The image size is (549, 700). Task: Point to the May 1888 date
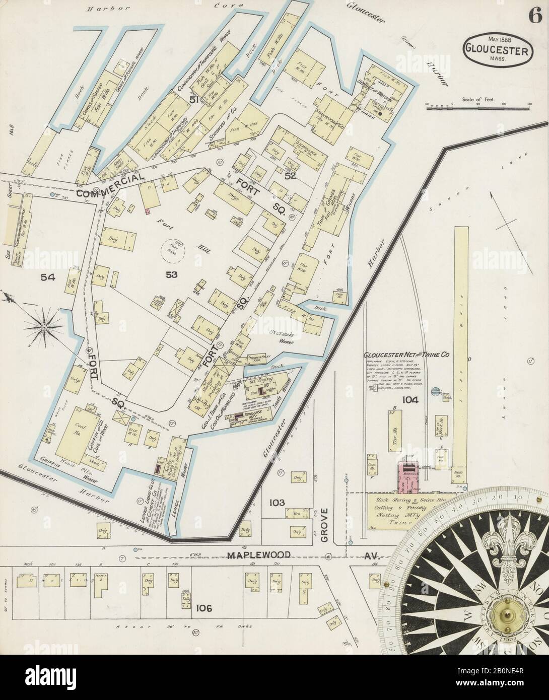[x=496, y=39]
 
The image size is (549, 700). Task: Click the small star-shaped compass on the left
[x=44, y=328]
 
